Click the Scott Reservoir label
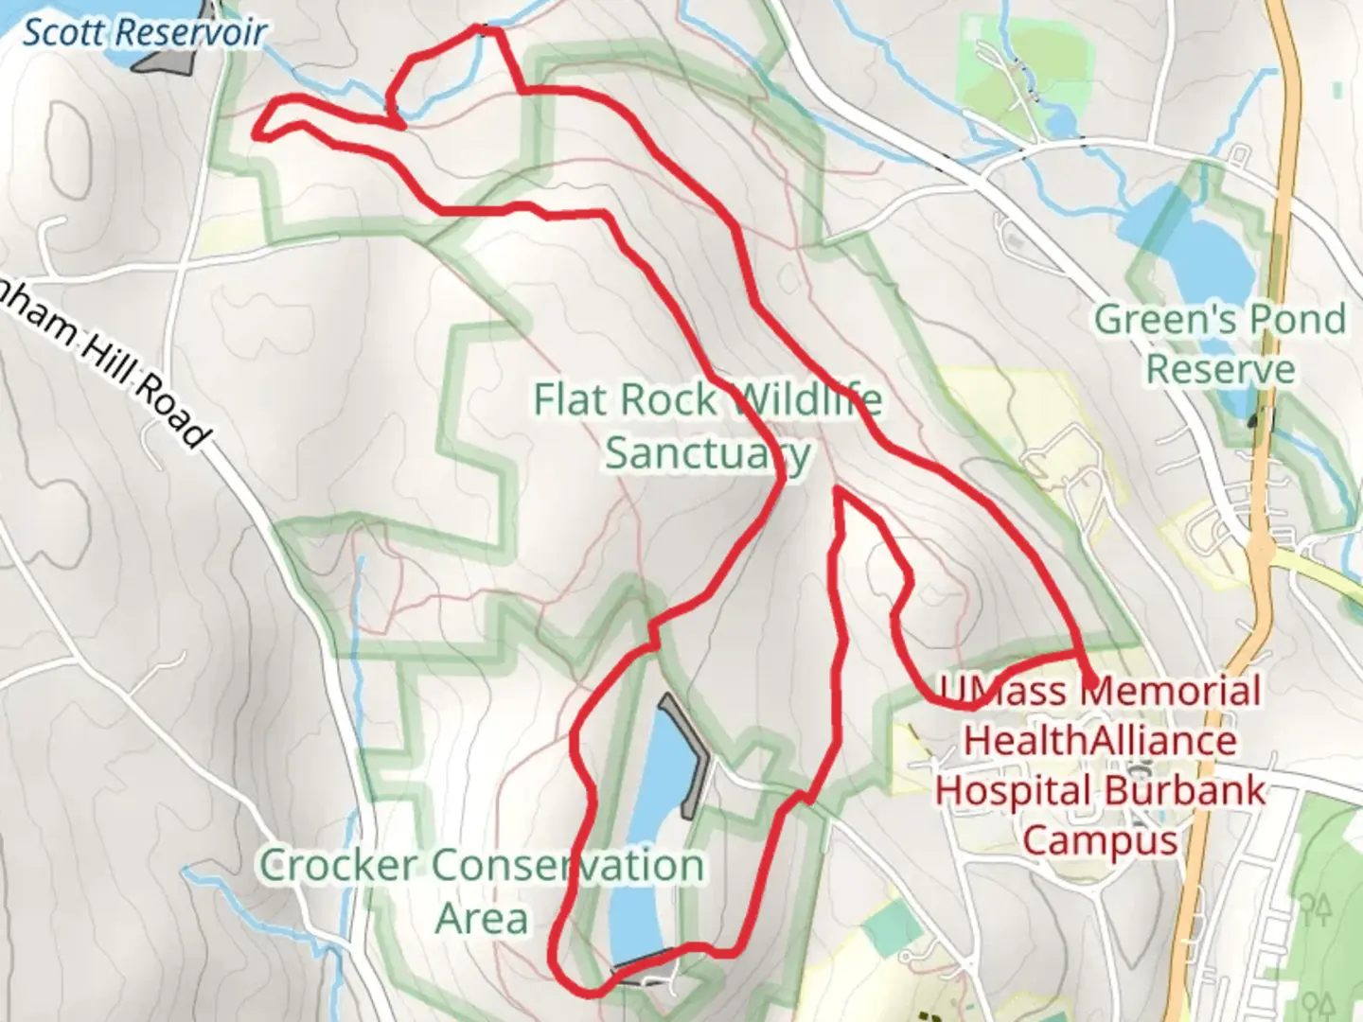coord(144,32)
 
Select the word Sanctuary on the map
coord(708,453)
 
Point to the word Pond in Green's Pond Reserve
coord(1296,319)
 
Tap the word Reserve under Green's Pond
coord(1220,369)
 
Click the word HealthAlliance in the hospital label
coord(1100,740)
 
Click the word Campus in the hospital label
coord(1100,840)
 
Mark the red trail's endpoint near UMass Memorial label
coord(1092,684)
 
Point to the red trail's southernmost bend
coord(592,993)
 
